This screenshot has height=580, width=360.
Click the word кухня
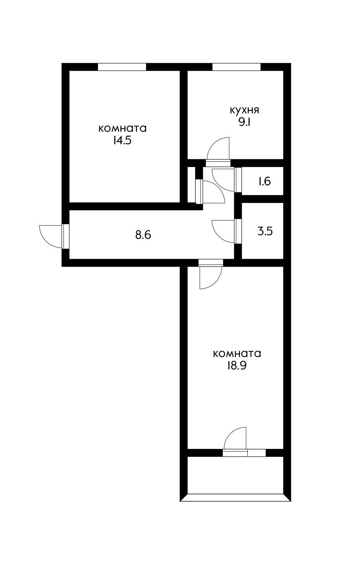click(x=244, y=110)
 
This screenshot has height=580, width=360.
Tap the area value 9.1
click(x=244, y=122)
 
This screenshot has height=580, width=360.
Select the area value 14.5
click(x=122, y=141)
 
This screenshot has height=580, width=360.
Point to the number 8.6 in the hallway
click(x=143, y=235)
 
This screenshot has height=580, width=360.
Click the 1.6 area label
click(x=264, y=181)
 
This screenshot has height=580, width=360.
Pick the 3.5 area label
click(x=265, y=232)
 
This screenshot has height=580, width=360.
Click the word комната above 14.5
click(x=123, y=128)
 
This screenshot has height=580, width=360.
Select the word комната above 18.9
click(x=237, y=354)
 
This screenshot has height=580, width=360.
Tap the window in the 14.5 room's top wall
click(x=122, y=67)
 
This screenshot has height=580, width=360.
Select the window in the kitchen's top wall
click(x=236, y=67)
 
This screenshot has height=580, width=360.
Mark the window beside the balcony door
click(x=256, y=453)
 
